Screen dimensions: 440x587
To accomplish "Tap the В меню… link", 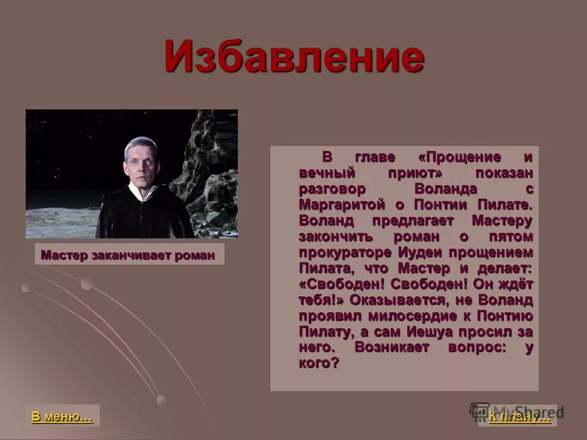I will [x=62, y=417].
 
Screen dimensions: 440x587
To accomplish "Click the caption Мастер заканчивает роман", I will [x=128, y=255].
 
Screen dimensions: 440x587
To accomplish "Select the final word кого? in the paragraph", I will [x=319, y=363].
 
